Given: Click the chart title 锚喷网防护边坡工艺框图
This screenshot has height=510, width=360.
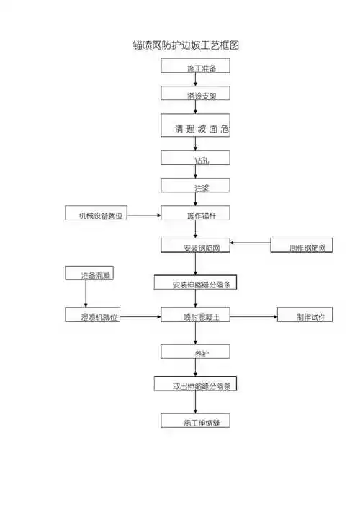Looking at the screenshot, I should [x=186, y=45].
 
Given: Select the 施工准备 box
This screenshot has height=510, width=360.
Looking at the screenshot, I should [x=195, y=67].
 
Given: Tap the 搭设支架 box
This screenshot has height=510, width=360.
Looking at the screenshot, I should [x=195, y=94].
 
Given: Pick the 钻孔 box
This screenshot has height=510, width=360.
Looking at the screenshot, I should [x=195, y=158].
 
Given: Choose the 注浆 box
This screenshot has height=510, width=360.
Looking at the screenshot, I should [x=195, y=186].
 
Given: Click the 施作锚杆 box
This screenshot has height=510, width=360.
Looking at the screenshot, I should [x=195, y=214].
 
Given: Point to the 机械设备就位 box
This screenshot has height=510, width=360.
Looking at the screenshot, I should [x=96, y=214].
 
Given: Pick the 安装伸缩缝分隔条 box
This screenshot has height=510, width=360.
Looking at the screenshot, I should [x=195, y=282].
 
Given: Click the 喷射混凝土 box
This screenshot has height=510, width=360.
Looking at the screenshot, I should [x=195, y=316].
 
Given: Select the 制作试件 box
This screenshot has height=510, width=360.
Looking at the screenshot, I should [x=305, y=316].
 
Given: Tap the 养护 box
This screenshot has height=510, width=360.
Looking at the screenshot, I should [x=195, y=352].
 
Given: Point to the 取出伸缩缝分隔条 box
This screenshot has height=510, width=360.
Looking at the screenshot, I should [x=195, y=385].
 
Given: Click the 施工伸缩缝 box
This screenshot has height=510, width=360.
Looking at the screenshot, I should [x=195, y=421].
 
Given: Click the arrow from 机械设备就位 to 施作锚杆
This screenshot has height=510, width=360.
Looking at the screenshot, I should [x=144, y=215].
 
